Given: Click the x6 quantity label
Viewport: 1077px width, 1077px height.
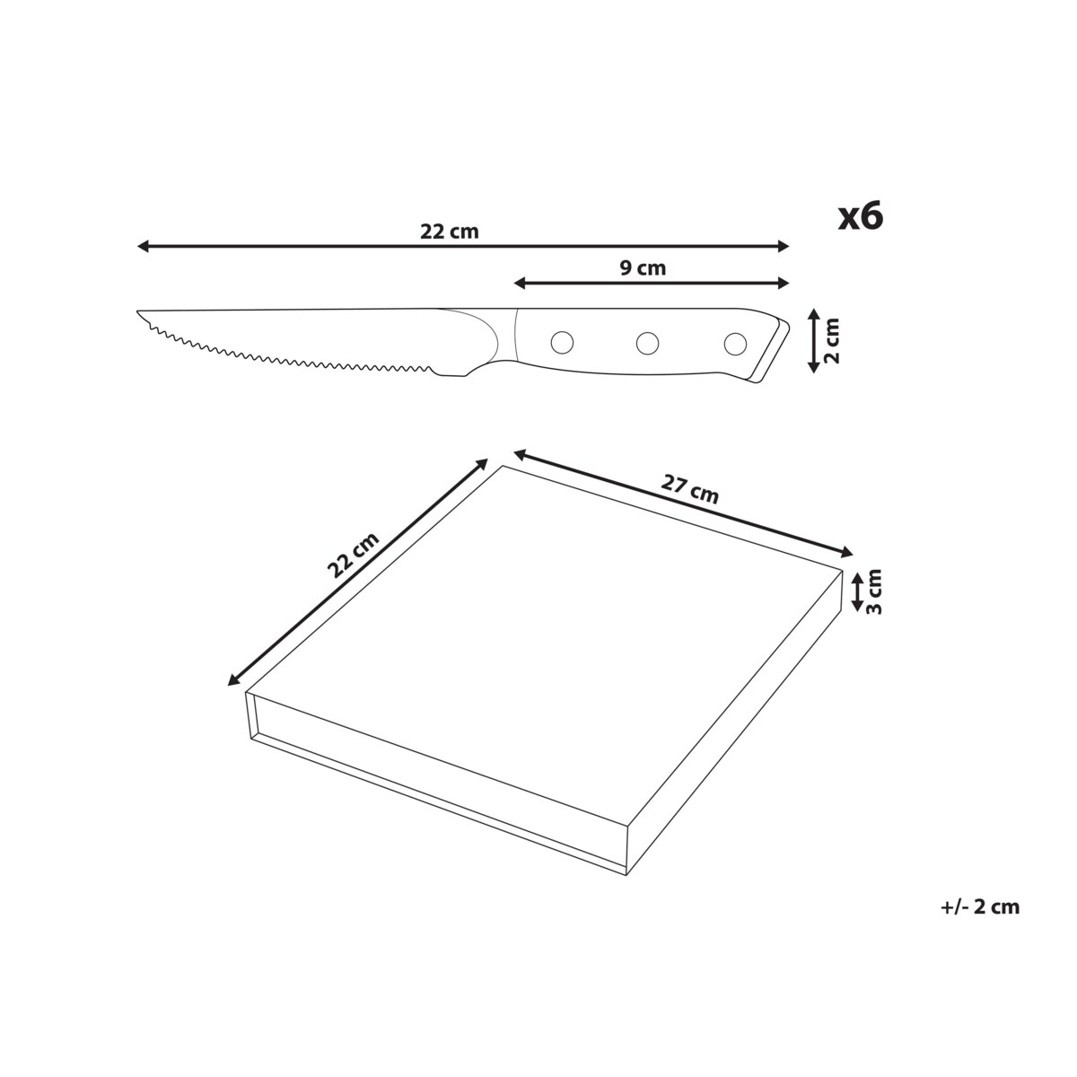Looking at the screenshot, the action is click(860, 217).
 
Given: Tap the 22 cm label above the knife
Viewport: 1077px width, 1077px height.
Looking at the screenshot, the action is click(450, 232).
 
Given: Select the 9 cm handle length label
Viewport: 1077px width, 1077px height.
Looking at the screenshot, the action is click(643, 269).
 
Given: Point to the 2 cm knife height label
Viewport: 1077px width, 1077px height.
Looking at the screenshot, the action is click(832, 340).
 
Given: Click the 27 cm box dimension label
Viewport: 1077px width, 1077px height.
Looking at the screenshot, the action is click(689, 489).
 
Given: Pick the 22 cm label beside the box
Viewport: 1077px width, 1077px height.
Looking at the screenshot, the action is click(353, 555).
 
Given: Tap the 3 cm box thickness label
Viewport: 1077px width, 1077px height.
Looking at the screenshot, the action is click(873, 591).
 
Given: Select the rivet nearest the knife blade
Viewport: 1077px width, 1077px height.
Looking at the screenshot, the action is click(562, 342).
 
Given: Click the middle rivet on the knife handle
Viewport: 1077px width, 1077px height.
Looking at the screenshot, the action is click(647, 343).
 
